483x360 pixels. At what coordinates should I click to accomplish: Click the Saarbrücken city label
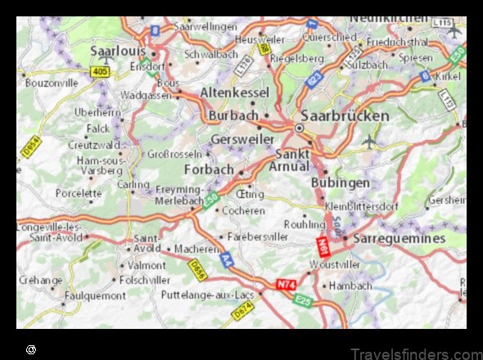click(345, 115)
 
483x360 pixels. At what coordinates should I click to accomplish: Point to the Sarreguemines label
click(399, 238)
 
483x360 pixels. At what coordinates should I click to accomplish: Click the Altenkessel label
click(234, 92)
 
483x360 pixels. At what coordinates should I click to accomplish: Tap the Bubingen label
click(341, 182)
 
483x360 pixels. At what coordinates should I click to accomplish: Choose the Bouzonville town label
click(52, 83)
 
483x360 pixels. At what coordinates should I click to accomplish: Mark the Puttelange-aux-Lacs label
click(208, 294)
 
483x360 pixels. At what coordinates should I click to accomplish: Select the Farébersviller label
click(256, 237)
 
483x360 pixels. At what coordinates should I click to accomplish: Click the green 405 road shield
click(101, 72)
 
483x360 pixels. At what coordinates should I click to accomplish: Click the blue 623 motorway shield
click(314, 79)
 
